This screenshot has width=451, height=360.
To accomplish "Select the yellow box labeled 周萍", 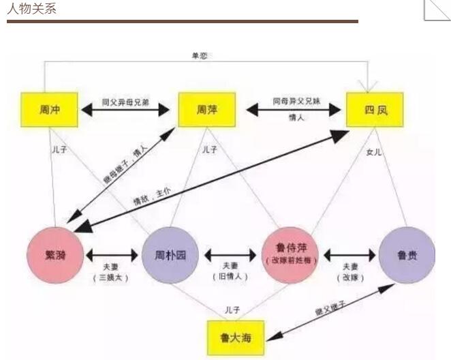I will (x=206, y=109).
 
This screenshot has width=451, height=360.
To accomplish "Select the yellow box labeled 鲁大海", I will (x=236, y=336).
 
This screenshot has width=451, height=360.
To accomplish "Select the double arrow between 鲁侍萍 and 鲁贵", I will (x=349, y=254).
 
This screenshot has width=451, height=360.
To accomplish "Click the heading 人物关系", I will (x=32, y=9).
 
